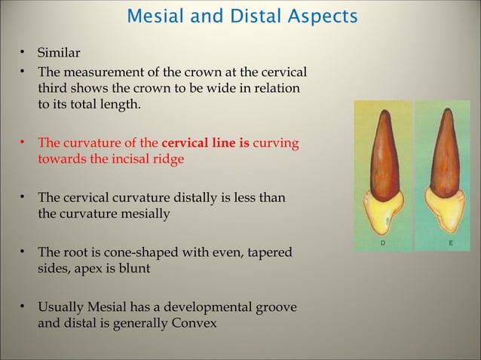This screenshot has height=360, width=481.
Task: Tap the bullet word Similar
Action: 58,53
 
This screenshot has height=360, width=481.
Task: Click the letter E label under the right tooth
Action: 450,244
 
